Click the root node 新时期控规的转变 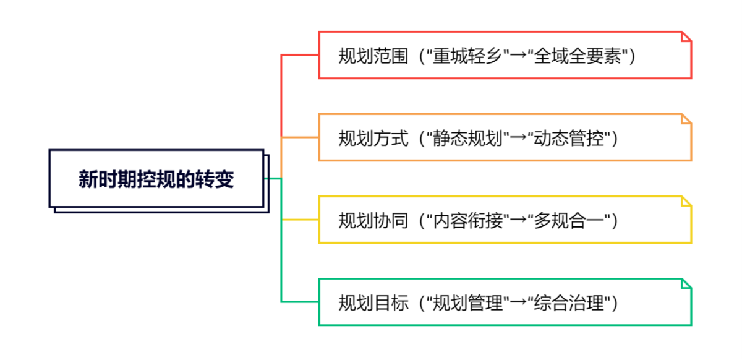pos(156,179)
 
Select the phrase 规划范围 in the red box pos(373,56)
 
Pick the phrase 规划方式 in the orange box pos(373,138)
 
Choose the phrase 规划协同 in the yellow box pos(373,220)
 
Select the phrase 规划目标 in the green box pos(373,303)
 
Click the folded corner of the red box pos(686,36)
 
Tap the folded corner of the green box pos(686,283)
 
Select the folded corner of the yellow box pos(686,200)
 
